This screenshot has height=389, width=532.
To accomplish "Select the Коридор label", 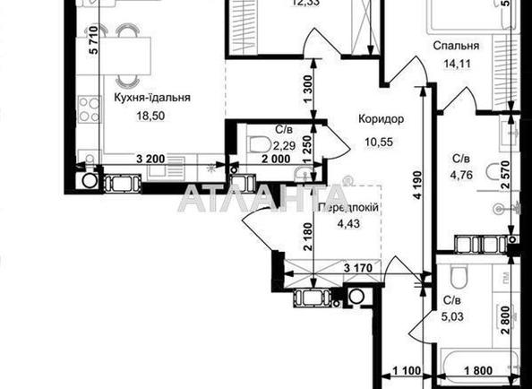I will tap(381, 119).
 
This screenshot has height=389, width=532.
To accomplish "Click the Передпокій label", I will tap(347, 207).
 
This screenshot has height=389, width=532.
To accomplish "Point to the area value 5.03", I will tap(457, 314).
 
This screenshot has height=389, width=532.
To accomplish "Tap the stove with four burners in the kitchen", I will tap(89, 109).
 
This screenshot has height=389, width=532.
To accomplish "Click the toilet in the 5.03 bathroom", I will tap(458, 275).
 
